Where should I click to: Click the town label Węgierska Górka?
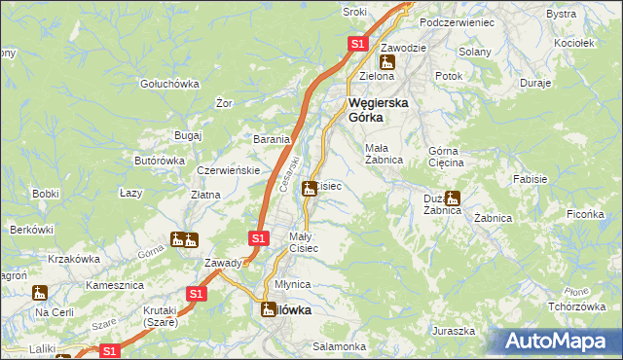379,109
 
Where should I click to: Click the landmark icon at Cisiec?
310,188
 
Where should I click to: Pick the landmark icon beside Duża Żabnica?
453,198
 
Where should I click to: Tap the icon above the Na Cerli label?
40,292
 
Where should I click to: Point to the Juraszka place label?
454,331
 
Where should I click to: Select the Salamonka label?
339,346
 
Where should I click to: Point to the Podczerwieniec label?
457,21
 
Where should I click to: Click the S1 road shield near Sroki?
357,44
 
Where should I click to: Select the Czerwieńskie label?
227,170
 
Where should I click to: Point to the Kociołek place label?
573,44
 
